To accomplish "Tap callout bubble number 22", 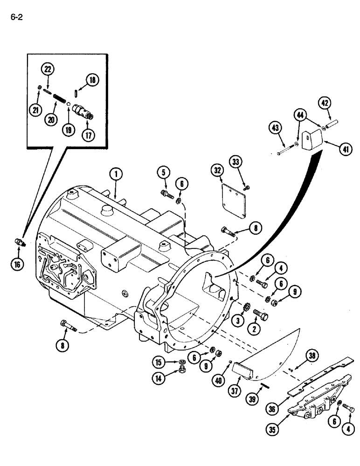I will pos(48,69).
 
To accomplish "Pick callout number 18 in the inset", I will pos(92,80).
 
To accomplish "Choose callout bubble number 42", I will pos(325,103).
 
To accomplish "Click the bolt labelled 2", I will pos(261,317).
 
